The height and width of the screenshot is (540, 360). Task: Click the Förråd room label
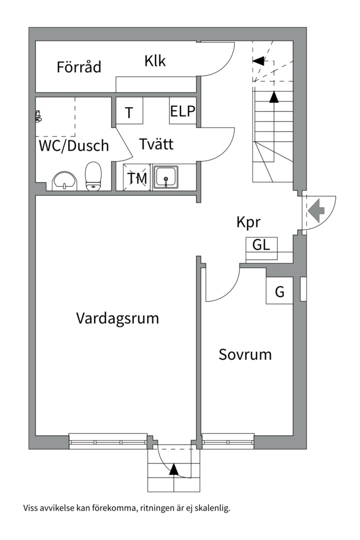[79, 67]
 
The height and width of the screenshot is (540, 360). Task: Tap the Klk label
[155, 61]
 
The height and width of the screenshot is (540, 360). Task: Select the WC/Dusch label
[73, 145]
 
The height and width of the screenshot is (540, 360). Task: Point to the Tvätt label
[156, 143]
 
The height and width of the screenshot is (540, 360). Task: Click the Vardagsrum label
[117, 318]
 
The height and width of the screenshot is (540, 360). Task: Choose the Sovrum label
[245, 354]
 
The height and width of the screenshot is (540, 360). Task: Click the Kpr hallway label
[248, 222]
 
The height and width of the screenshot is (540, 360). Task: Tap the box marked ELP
[182, 110]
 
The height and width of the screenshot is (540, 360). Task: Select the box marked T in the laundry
[129, 110]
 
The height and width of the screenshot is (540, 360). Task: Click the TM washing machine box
[137, 177]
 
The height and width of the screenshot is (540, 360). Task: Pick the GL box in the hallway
[261, 248]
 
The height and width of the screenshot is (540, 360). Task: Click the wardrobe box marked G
[279, 290]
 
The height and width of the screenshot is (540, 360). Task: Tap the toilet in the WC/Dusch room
[93, 176]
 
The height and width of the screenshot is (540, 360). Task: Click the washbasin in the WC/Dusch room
[64, 181]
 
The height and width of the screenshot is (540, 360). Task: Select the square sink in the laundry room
[166, 177]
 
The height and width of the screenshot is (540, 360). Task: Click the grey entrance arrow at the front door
[316, 210]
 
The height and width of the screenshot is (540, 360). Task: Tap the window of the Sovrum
[227, 441]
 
